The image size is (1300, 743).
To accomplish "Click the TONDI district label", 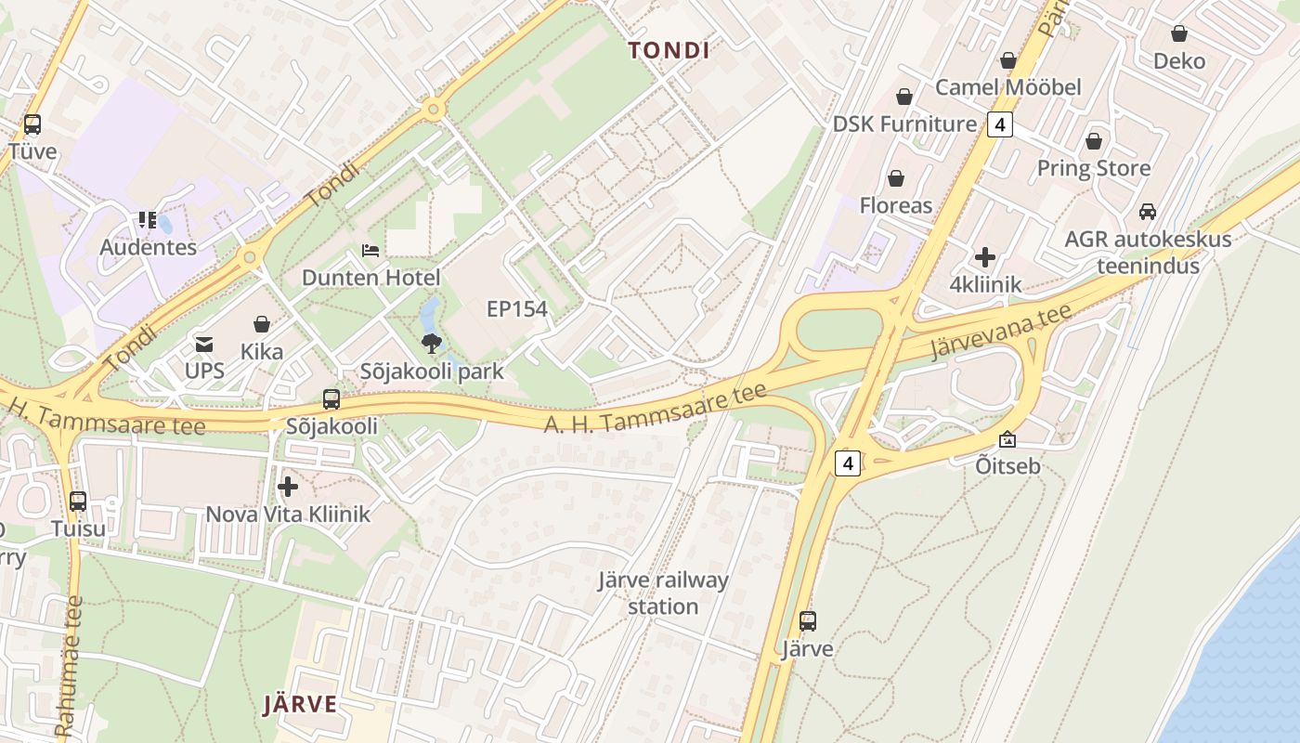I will pyautogui.click(x=669, y=50).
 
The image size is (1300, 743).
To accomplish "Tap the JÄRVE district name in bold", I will pyautogui.click(x=300, y=704).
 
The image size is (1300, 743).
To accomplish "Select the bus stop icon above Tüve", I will pyautogui.click(x=32, y=124).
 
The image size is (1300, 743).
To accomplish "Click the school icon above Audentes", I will pyautogui.click(x=148, y=220).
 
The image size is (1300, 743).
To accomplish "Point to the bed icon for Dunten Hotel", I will pyautogui.click(x=370, y=251).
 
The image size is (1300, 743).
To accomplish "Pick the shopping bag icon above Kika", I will pyautogui.click(x=262, y=324).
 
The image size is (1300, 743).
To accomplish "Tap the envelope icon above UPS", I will pyautogui.click(x=204, y=345).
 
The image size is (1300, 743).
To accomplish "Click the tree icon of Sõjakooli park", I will pyautogui.click(x=431, y=345).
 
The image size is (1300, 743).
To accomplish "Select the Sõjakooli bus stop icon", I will pyautogui.click(x=331, y=399).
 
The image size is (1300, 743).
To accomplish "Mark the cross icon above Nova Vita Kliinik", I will pyautogui.click(x=288, y=487).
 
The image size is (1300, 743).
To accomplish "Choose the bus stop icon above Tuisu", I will pyautogui.click(x=78, y=502).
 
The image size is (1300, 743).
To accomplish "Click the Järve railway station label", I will pyautogui.click(x=663, y=593).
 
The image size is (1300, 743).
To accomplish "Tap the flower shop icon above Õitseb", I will pyautogui.click(x=1007, y=439).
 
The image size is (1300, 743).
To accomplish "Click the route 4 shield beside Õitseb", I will pyautogui.click(x=847, y=463).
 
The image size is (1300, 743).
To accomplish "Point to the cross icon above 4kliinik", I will pyautogui.click(x=985, y=257).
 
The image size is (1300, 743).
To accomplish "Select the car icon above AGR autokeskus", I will pyautogui.click(x=1148, y=212).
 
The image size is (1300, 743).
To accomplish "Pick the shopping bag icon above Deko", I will pyautogui.click(x=1178, y=34).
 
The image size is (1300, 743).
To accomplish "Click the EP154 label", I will pyautogui.click(x=517, y=309).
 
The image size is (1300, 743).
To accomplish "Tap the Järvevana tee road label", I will pyautogui.click(x=1001, y=332).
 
